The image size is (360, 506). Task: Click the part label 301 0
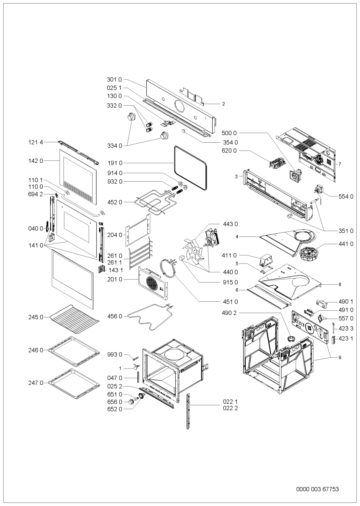[114, 79]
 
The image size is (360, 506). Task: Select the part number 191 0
[114, 163]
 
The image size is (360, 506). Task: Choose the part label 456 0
[114, 316]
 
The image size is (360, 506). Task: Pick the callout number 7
[340, 164]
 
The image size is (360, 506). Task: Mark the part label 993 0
[114, 354]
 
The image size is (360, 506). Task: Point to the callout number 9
[340, 357]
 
